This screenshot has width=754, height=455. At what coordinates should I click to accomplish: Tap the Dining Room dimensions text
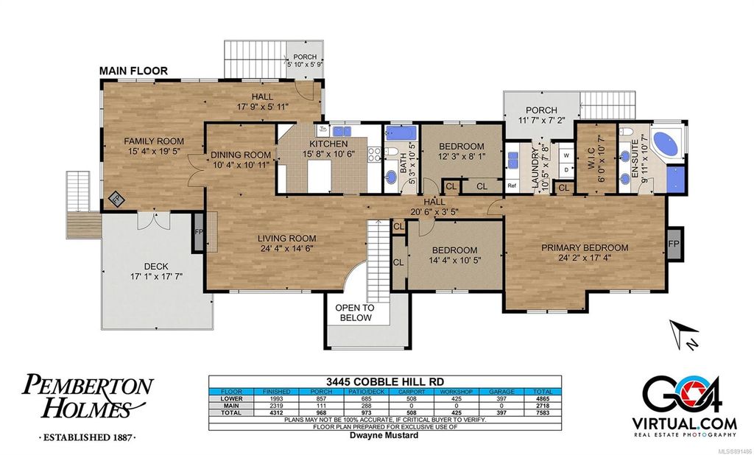pos(241,165)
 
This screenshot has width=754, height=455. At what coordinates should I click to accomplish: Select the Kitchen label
pos(328,144)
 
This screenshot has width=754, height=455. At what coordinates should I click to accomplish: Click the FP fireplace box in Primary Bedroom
pos(673,243)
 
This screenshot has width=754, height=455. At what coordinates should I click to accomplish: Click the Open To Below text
pos(355,313)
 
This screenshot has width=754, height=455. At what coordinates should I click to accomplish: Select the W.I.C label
pos(592,155)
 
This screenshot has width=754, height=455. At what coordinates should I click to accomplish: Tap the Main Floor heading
pos(133,71)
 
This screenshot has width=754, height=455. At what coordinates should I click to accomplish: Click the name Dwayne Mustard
pos(384,436)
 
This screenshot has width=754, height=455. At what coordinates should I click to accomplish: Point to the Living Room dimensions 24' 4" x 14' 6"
pos(286,249)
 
